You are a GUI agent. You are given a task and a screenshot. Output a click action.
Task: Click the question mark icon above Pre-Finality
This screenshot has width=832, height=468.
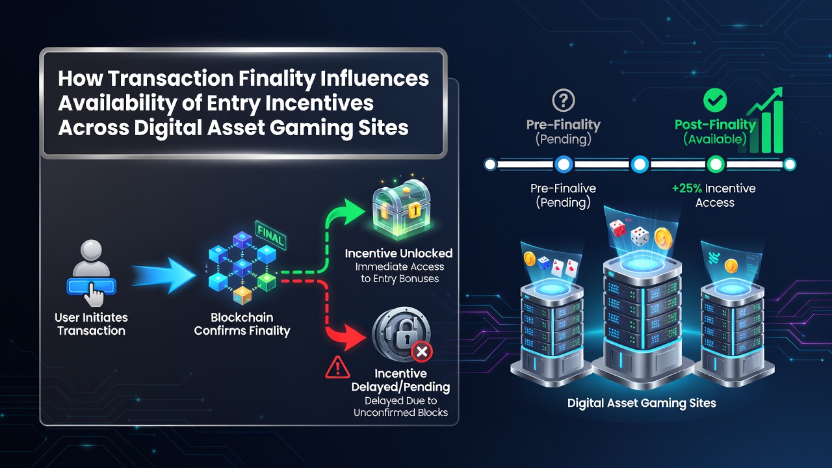pos(563,100)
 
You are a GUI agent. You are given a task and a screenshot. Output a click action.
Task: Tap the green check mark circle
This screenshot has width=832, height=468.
pos(715,100)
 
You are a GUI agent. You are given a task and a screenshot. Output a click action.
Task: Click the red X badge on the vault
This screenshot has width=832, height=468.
pos(422,352)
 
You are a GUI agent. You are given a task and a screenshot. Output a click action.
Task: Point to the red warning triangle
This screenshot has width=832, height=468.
pos(337,367)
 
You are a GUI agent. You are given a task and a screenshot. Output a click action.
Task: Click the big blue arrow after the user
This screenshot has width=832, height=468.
pos(163,276)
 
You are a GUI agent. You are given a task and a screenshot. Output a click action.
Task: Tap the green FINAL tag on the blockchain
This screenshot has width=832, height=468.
pos(271,235)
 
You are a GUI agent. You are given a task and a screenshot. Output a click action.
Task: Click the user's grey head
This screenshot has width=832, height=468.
pos(91,250)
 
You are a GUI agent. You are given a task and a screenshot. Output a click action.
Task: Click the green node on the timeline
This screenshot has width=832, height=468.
pos(716,164)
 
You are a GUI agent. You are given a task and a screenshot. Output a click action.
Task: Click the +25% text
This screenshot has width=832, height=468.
pos(687,188)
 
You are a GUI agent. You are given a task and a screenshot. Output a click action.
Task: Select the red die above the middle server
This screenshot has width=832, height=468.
pos(617,227)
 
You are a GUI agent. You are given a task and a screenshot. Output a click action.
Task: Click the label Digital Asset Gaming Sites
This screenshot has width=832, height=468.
pos(642,404)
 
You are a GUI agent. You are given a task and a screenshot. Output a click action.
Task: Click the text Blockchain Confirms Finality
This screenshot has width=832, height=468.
pos(242,324)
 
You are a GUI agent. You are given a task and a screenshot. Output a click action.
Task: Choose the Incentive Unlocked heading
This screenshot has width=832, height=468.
pos(398,253)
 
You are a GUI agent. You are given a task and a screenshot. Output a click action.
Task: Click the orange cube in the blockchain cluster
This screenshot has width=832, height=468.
pos(242,295)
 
